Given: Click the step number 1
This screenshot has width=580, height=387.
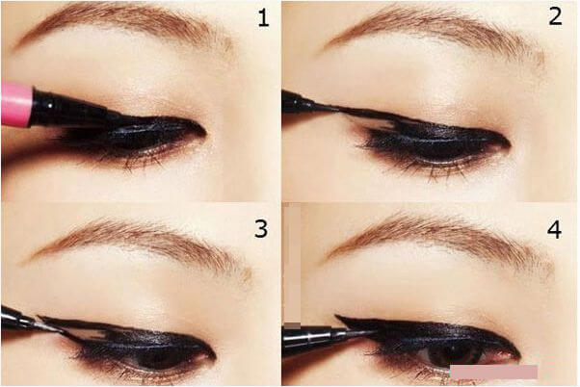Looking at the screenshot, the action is tap(263, 18).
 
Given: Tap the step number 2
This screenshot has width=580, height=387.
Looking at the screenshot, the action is tap(555, 17).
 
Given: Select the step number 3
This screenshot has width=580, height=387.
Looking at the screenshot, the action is tap(261, 229).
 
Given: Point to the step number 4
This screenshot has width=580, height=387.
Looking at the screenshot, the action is tap(554, 229).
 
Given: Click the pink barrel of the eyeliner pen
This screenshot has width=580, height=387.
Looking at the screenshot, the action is tap(16, 105).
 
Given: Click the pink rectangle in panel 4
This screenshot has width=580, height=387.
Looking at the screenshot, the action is tap(494, 372).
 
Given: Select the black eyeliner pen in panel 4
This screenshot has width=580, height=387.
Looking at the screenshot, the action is tap(326, 337).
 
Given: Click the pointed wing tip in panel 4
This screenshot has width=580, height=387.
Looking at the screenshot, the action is tap(336, 316).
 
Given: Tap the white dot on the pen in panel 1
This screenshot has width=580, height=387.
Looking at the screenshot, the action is tap(50, 105).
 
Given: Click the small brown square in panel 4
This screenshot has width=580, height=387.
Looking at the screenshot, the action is tap(292, 325).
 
